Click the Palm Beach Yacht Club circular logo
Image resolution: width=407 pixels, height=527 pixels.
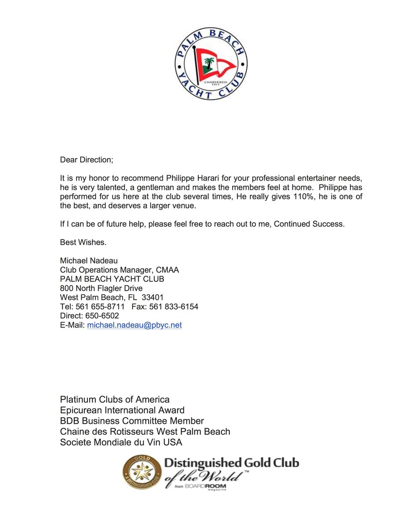point(210,63)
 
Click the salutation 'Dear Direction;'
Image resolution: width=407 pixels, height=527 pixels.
point(86,160)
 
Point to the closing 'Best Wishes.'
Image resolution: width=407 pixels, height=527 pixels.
point(83,242)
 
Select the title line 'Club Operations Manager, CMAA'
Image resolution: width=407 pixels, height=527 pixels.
point(119,270)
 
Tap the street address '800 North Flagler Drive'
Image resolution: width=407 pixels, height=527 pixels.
point(101,288)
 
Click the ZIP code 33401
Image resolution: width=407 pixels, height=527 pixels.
point(153,297)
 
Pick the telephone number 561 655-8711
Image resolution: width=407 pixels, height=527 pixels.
point(100,307)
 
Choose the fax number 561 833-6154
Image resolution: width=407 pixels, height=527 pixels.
point(174,307)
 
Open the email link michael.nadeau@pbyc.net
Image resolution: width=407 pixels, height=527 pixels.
point(134,325)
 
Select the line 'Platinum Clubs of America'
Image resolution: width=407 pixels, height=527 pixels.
point(115,400)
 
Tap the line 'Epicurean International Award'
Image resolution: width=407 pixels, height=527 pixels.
point(122,410)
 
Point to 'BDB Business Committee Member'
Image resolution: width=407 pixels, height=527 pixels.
point(132,421)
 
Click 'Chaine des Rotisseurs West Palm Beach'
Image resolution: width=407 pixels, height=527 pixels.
point(145,432)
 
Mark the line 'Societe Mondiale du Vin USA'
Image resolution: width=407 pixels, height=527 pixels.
point(121,442)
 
